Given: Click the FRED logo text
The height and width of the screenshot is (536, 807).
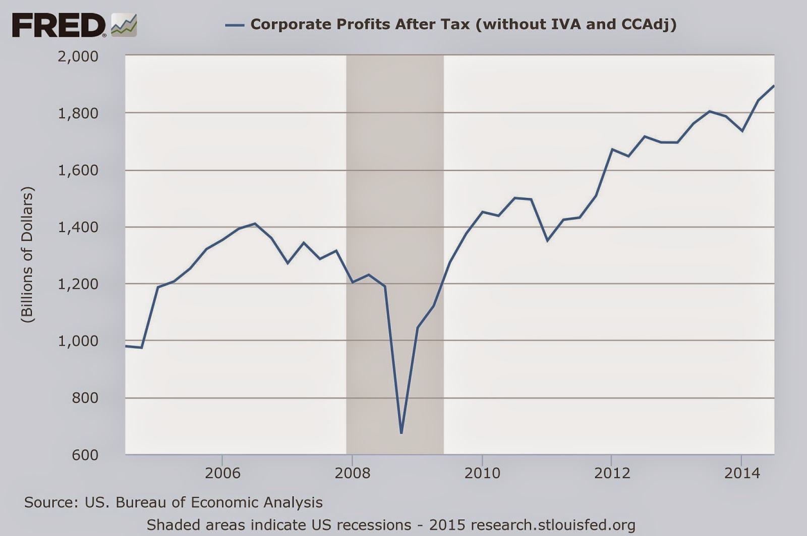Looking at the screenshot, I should click(59, 25).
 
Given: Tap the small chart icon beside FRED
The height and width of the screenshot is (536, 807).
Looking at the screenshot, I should click(124, 25).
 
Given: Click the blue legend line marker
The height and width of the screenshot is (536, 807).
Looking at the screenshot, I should click(235, 24).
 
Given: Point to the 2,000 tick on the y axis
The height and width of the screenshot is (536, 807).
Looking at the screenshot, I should click(78, 56).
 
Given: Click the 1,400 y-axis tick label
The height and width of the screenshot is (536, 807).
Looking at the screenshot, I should click(78, 227).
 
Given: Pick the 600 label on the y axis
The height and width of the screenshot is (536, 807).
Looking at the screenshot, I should click(85, 455).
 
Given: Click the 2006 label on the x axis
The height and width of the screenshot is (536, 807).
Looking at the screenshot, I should click(222, 473).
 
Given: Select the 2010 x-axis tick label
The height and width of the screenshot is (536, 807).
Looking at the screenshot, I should click(482, 473).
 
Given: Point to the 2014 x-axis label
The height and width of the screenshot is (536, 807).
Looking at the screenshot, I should click(741, 473).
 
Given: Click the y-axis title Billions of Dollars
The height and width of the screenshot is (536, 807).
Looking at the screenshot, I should click(27, 255).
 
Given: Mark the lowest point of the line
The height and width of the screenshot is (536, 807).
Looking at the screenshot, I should click(401, 433).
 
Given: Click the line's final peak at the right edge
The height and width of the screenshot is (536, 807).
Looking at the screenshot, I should click(774, 86).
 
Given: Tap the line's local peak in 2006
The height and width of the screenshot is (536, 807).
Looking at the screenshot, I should click(255, 224).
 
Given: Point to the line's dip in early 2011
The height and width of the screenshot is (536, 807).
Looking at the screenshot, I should click(547, 240).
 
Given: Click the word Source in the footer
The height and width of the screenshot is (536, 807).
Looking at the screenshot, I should click(48, 503).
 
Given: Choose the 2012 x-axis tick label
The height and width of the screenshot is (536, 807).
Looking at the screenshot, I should click(612, 473).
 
